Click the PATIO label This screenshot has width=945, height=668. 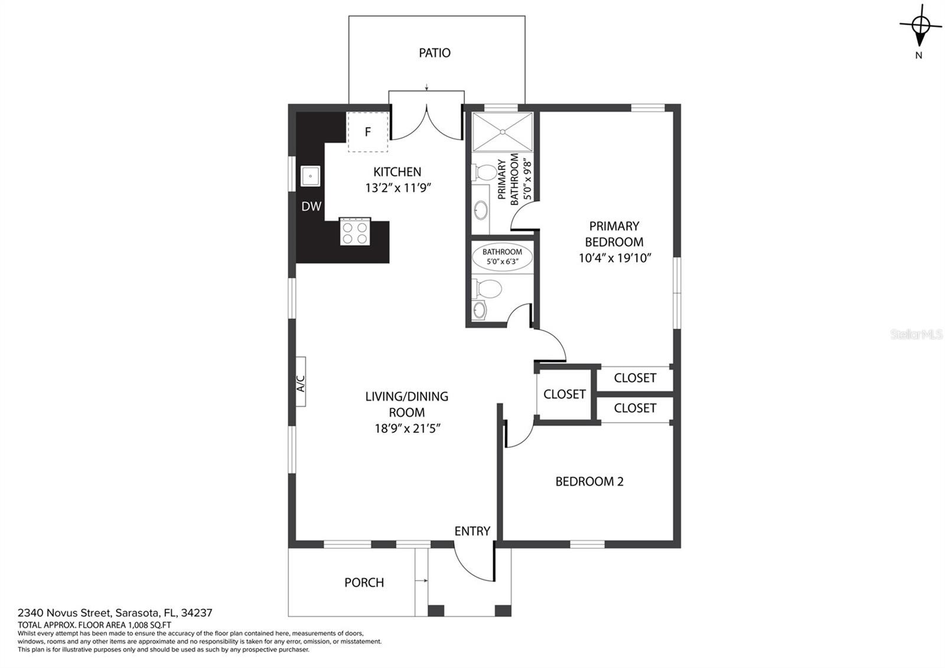click(x=435, y=53)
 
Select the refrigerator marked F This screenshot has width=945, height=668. click(x=368, y=132)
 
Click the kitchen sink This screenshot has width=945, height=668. click(x=310, y=176)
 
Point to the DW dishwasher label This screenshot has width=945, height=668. click(x=311, y=206)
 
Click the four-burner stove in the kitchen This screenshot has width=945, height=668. click(x=355, y=231)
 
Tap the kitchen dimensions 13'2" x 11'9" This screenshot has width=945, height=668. click(x=398, y=188)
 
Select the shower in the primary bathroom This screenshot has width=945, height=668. click(x=503, y=132)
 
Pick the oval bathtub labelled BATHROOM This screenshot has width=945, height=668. click(x=502, y=257)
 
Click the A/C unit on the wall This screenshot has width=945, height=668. click(x=301, y=382)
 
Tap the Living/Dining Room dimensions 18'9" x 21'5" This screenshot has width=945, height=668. click(x=408, y=429)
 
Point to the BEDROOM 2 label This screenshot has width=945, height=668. click(x=589, y=481)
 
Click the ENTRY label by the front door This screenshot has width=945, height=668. click(x=472, y=531)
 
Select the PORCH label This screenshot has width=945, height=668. click(x=364, y=583)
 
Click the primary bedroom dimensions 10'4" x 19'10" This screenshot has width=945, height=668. click(x=615, y=258)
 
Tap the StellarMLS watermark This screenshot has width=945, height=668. click(x=916, y=335)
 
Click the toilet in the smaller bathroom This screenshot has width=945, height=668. click(x=486, y=289)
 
